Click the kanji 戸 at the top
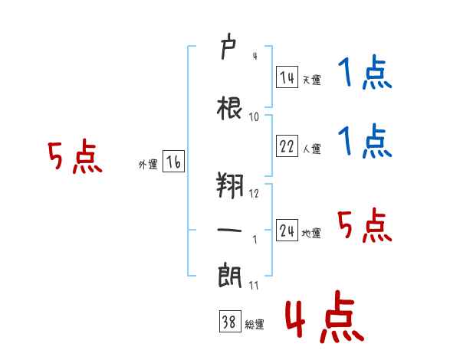pos(228,46)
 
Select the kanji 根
pos(229,108)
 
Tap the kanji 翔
pos(230,185)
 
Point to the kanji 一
pos(229,230)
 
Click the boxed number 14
pos(287,77)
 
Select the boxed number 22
pos(287,146)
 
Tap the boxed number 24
pos(287,230)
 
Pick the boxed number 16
pos(173,162)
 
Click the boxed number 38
pos(230,321)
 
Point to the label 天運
pos(311,80)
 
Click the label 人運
pos(311,149)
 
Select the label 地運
pos(311,233)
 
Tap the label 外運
pos(148,165)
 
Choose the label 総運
pos(255,324)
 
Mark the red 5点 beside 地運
pos(364,225)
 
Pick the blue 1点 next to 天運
pos(365,72)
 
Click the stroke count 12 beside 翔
pos(254,193)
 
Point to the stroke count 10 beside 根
pos(254,117)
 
